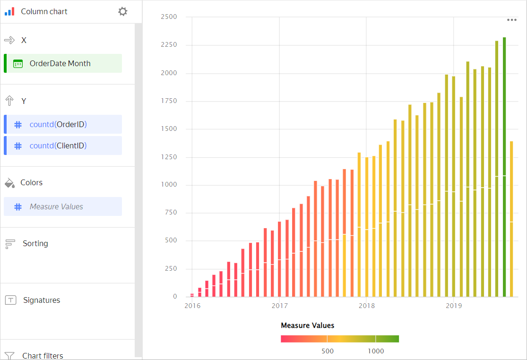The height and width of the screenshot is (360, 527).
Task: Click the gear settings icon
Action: (x=123, y=11)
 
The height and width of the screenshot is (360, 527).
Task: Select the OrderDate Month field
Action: (x=60, y=63)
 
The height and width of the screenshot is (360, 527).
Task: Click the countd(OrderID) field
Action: (x=58, y=124)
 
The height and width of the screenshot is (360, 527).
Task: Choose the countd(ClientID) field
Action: (x=58, y=146)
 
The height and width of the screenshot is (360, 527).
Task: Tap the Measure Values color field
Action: (x=56, y=206)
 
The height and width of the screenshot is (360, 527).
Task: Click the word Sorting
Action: (x=35, y=243)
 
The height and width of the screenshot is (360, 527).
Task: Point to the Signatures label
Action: (x=42, y=300)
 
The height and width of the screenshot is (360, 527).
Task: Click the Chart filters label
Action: (x=43, y=356)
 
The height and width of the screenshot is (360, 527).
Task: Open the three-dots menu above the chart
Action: (x=512, y=20)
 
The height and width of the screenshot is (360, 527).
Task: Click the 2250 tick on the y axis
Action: (x=169, y=45)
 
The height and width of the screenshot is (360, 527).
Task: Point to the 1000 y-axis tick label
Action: (x=169, y=185)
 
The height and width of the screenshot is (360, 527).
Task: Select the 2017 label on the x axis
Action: (x=279, y=306)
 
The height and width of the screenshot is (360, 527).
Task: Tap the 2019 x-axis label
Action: (x=453, y=306)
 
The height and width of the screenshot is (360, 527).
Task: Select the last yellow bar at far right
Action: (x=511, y=217)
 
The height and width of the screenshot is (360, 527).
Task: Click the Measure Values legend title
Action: (x=307, y=326)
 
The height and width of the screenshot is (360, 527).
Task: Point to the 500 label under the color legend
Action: (x=328, y=351)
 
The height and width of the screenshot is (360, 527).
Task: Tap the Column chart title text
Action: (x=44, y=11)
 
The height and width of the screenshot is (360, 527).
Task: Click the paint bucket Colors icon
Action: (x=9, y=183)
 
